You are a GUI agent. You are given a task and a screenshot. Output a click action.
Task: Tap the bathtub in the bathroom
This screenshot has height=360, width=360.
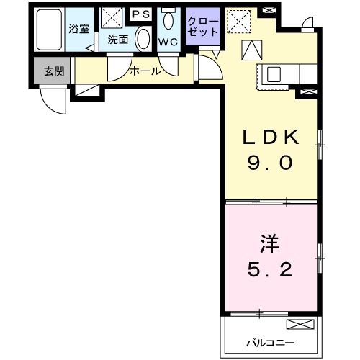coord(50,30)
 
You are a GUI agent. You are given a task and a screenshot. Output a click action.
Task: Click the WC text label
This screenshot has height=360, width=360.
coord(168,41)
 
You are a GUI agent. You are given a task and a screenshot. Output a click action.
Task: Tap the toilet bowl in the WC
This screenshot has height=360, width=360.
coord(168,19)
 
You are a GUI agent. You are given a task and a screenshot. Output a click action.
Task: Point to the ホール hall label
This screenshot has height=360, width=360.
coord(145,71)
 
